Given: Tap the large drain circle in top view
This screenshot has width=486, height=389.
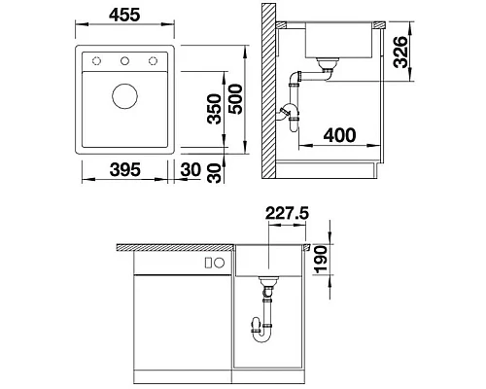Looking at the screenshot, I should pyautogui.click(x=125, y=95).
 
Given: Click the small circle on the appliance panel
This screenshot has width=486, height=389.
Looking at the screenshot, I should pyautogui.click(x=219, y=262).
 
